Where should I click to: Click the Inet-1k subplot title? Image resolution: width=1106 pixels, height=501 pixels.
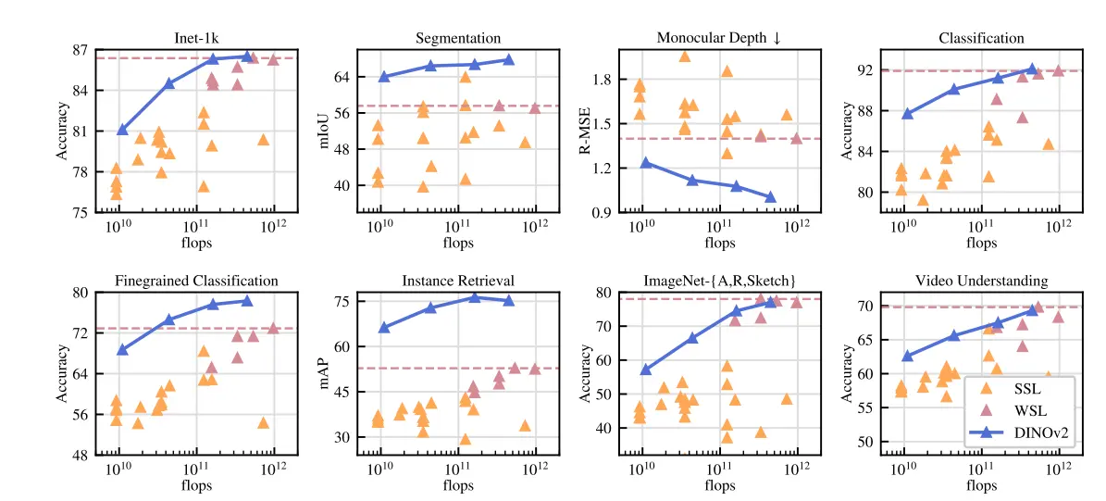tap(195, 38)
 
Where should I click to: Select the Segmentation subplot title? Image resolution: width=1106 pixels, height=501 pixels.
tap(457, 38)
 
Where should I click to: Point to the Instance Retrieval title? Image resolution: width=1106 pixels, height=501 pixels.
tap(457, 280)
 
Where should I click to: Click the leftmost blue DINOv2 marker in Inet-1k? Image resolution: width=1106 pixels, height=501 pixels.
tap(122, 129)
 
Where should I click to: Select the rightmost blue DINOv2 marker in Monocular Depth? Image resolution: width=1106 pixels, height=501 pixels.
tap(770, 196)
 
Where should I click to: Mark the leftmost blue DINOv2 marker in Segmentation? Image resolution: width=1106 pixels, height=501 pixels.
tap(383, 76)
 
